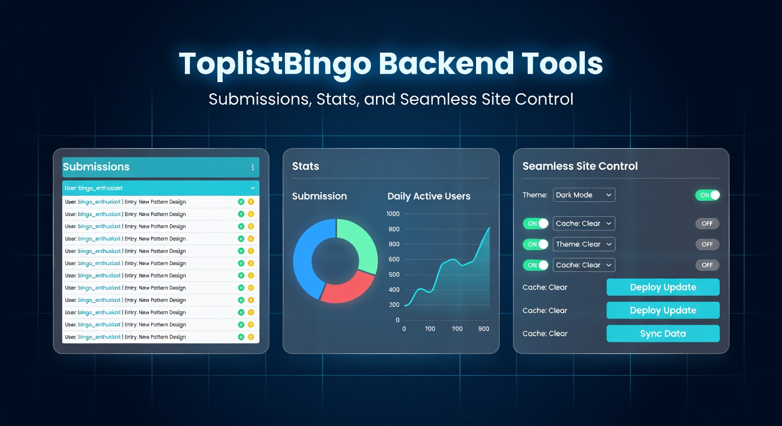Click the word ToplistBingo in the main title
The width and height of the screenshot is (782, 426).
275,64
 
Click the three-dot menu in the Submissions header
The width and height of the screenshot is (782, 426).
253,167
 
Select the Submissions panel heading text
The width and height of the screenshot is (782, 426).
96,167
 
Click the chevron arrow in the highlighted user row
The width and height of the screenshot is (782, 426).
253,188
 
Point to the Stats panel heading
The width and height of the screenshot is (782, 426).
305,166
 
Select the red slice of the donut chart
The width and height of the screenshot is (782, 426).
348,287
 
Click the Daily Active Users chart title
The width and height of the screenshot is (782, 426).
428,196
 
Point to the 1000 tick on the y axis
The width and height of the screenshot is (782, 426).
393,214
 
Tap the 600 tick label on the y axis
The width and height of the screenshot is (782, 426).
394,260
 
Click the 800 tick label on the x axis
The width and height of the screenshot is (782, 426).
483,329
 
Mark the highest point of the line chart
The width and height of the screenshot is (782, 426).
489,227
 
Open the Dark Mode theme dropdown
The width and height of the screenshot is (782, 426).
584,195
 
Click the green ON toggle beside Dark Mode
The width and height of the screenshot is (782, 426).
707,195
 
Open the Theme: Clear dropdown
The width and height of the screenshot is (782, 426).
584,244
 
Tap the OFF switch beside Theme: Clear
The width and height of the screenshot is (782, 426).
707,244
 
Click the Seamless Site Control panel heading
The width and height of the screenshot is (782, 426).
580,166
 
